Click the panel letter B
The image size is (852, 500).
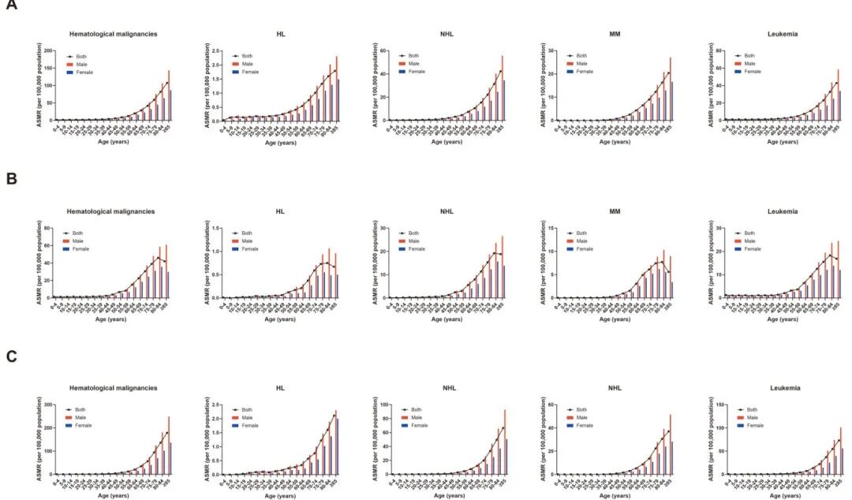pyautogui.click(x=11, y=180)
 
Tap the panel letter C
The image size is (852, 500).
pyautogui.click(x=11, y=356)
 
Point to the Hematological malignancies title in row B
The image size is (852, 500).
pyautogui.click(x=112, y=211)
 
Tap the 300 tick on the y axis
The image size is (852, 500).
pyautogui.click(x=49, y=405)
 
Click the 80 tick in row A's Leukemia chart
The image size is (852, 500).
pyautogui.click(x=719, y=51)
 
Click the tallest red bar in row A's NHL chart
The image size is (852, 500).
pyautogui.click(x=502, y=88)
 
